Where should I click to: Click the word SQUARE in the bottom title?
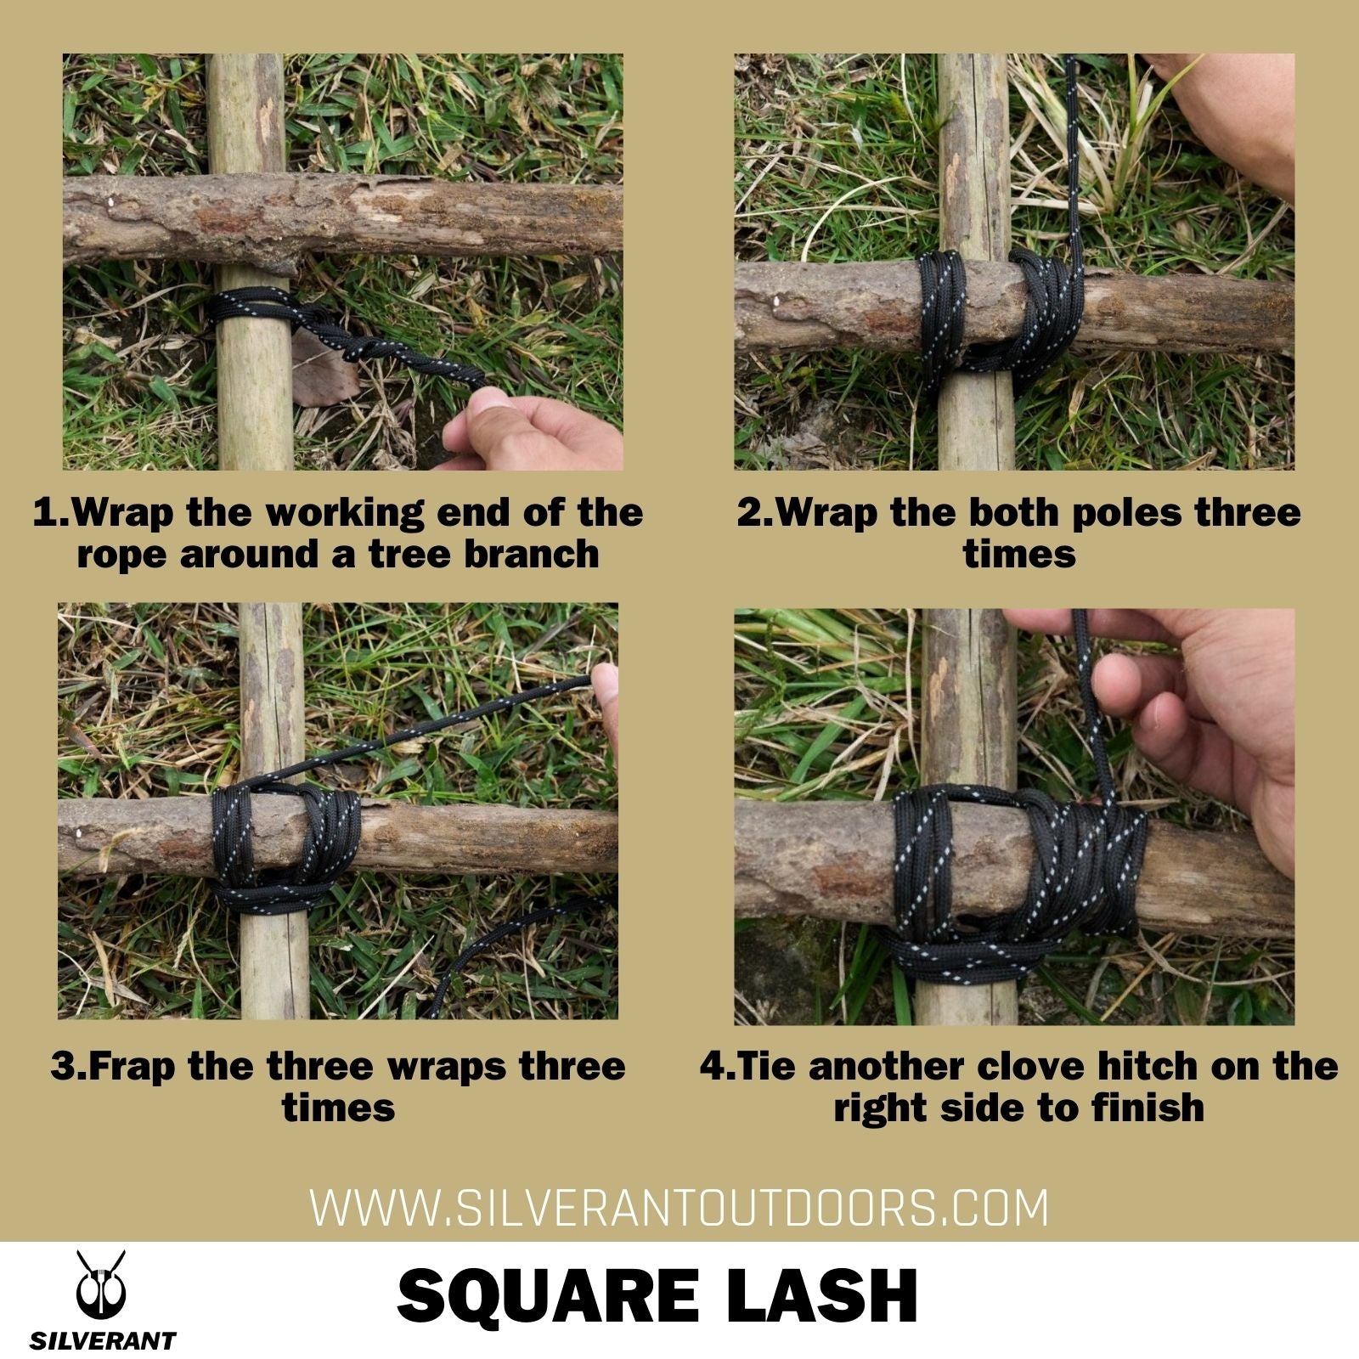tap(547, 1296)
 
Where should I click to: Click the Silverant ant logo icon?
tap(101, 1284)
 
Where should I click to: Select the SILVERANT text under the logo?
tap(103, 1341)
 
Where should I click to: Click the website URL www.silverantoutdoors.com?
tap(679, 1208)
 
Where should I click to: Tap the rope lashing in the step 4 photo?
tap(1019, 875)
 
